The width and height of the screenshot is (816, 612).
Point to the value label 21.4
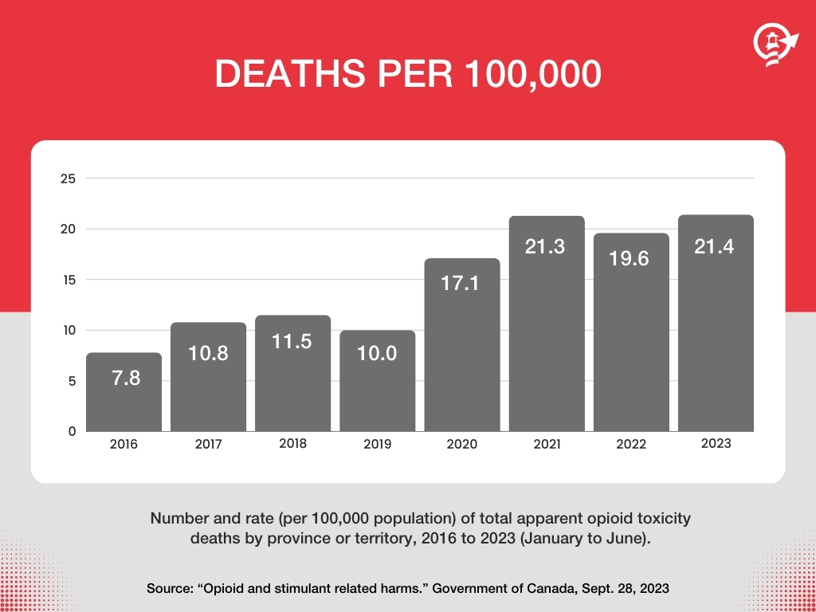tap(716, 247)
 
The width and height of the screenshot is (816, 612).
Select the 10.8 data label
tap(209, 353)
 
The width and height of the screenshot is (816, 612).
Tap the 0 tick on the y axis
tap(72, 431)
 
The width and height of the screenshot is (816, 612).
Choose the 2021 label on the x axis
tap(547, 445)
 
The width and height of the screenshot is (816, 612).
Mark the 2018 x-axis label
tap(293, 444)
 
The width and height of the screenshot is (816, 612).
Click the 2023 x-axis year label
tap(716, 444)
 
